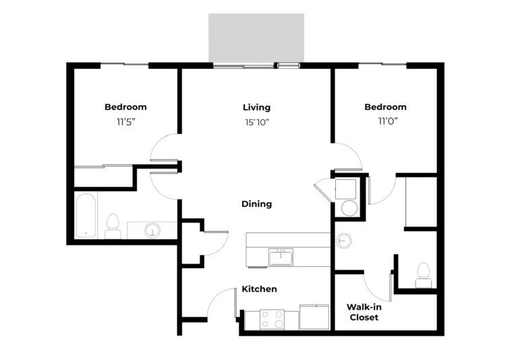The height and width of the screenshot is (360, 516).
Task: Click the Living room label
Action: (257, 107)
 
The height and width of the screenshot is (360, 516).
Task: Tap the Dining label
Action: (257, 204)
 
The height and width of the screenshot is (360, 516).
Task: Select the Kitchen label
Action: (259, 289)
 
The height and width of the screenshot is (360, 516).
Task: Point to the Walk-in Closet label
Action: (364, 312)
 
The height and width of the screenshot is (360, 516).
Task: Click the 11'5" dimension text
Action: (126, 122)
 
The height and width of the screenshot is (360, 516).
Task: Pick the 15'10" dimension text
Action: (257, 122)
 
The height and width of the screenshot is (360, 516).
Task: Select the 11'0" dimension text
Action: (388, 121)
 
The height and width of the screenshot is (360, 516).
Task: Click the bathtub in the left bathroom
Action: (86, 216)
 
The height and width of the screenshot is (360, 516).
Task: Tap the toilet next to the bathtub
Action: (113, 227)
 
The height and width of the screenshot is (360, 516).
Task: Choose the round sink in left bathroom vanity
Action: (152, 230)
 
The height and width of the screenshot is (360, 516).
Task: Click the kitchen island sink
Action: (281, 257)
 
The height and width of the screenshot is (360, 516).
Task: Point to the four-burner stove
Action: (273, 320)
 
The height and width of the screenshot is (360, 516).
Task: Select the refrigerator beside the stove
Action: (314, 317)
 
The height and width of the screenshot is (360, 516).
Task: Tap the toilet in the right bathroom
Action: (423, 276)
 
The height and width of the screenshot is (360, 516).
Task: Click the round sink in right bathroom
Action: (343, 241)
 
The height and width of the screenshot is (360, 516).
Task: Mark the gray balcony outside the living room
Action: (256, 38)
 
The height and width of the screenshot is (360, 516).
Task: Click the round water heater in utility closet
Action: (349, 208)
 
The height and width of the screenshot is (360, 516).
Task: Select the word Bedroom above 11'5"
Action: (125, 107)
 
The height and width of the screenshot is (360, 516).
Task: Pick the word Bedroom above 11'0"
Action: (385, 107)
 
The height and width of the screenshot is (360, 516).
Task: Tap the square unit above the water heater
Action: (345, 189)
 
